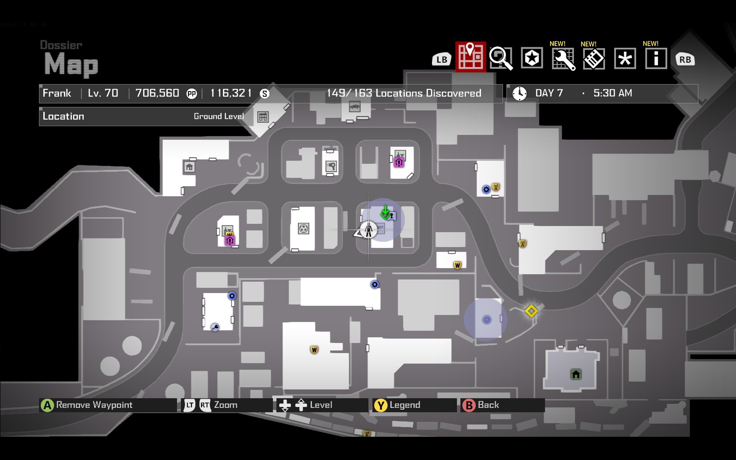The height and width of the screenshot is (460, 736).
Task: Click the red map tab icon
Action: point(471,57)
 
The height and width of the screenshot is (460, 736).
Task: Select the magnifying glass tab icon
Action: point(501,58)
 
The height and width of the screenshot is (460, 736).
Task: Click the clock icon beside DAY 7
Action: point(520,93)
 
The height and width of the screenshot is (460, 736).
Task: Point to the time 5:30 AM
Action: point(612,93)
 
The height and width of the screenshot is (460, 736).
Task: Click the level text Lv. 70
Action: point(103,93)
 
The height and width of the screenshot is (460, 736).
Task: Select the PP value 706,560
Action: point(157,93)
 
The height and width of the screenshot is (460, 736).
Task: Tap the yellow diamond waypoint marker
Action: point(531,311)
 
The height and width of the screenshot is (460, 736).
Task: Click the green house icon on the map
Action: point(576,374)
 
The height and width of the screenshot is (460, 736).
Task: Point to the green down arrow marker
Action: point(385,213)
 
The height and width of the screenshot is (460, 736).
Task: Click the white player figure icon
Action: point(368,230)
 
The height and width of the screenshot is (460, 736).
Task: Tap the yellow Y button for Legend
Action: point(381,406)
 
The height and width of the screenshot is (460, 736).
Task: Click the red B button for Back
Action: point(469,406)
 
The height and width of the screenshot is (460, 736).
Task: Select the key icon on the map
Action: point(215,327)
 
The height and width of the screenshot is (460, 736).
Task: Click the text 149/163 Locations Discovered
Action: point(404,93)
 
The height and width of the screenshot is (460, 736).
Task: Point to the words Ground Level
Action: point(219,117)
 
